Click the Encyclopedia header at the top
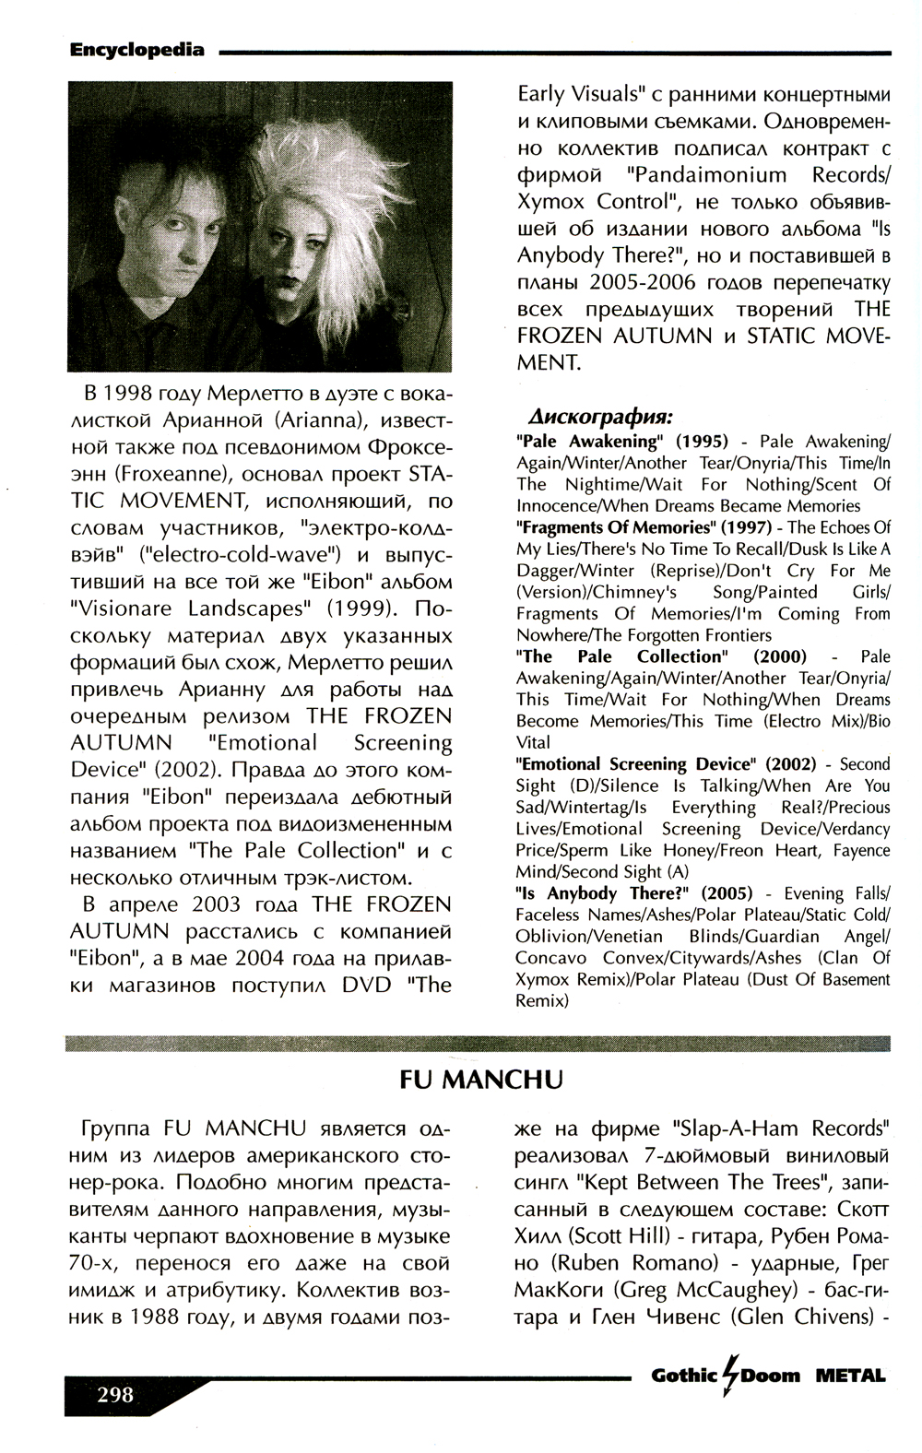[136, 51]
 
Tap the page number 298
[114, 1393]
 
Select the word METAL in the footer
[849, 1376]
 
